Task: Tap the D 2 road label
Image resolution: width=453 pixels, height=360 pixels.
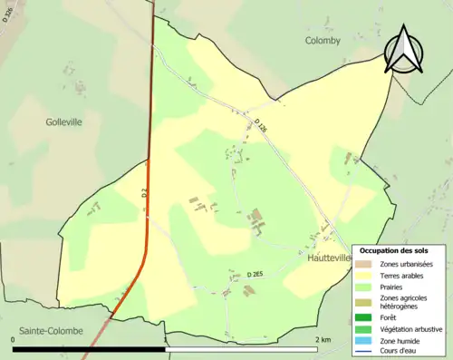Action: [x=144, y=192]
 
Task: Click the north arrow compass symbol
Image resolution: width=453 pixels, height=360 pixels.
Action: [x=404, y=51]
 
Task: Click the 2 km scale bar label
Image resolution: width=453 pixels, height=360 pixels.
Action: [x=323, y=339]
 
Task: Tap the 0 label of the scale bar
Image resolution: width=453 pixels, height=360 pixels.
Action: [x=13, y=339]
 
